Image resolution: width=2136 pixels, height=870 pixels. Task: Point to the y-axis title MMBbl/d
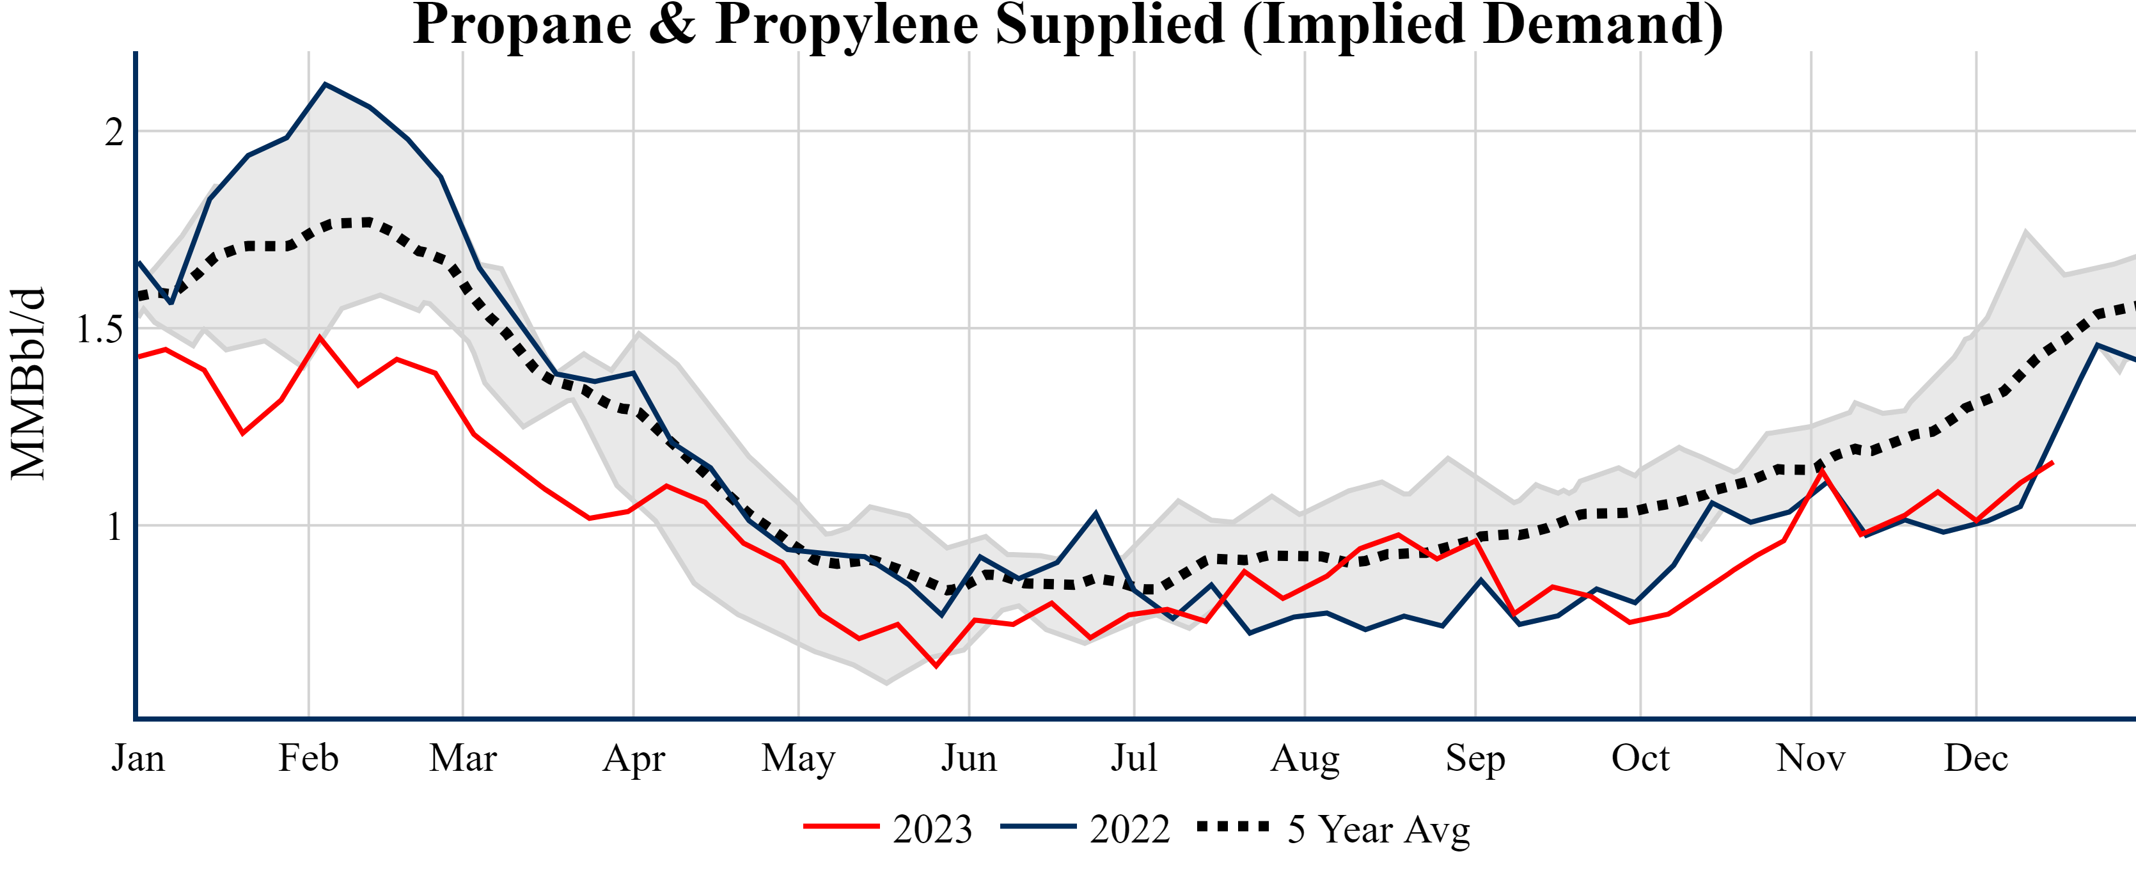(x=28, y=383)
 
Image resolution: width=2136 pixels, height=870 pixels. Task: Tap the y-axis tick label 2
(x=114, y=132)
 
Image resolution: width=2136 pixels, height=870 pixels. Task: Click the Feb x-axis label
(x=308, y=758)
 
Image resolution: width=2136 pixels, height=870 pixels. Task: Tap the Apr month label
(x=634, y=758)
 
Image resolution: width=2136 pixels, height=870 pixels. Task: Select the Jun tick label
(x=968, y=758)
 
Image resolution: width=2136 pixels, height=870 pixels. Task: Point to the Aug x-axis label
(x=1305, y=758)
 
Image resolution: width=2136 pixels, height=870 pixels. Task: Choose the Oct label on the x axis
(x=1640, y=758)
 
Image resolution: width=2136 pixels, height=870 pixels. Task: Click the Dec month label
(x=1976, y=758)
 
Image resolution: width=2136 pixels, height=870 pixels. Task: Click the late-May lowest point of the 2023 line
(x=936, y=666)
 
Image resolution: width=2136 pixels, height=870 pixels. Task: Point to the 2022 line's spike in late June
(x=1095, y=514)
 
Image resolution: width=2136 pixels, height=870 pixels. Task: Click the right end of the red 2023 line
(x=2052, y=463)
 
